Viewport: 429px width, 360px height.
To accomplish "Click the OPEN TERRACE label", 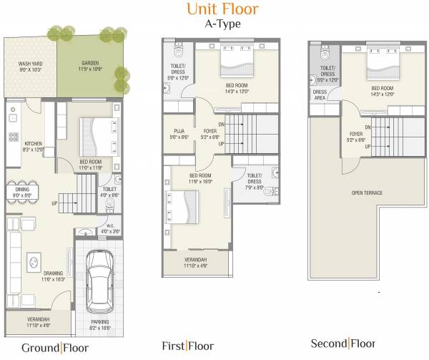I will (366, 193).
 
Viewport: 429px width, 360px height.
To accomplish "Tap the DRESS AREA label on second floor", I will (321, 95).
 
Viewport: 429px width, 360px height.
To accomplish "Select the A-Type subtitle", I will (222, 24).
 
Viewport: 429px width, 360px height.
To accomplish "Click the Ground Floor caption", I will (54, 348).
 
